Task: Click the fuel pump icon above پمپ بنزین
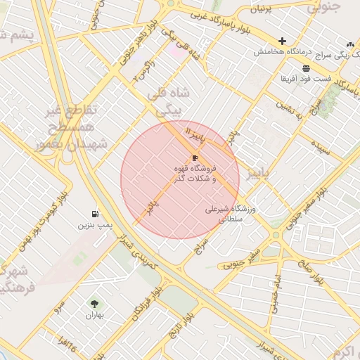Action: point(95,214)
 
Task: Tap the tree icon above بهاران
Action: point(94,304)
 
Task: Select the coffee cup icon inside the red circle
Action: point(195,157)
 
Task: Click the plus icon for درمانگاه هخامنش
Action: point(283,41)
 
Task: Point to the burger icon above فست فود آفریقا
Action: point(306,67)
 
